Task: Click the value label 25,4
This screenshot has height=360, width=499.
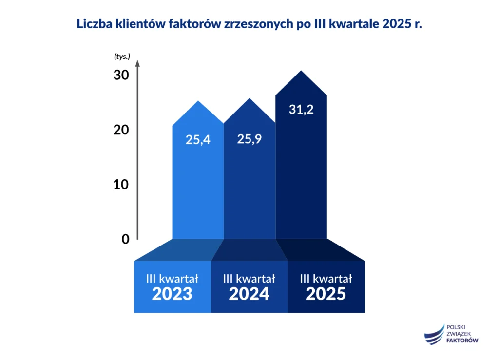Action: click(x=198, y=140)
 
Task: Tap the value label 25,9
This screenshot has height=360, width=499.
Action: click(x=249, y=139)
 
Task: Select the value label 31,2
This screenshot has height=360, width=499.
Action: click(x=301, y=110)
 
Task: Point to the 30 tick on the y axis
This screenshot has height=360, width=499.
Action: click(x=121, y=76)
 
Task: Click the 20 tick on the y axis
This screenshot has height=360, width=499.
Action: click(x=121, y=130)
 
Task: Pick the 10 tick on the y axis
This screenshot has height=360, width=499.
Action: click(x=121, y=185)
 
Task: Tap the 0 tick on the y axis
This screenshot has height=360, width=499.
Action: click(x=125, y=239)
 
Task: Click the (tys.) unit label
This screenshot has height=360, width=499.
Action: click(x=122, y=57)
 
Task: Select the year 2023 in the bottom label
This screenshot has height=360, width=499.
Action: click(x=172, y=294)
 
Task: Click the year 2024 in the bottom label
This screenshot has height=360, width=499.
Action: click(x=249, y=294)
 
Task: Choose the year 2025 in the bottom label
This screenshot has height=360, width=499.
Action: click(x=326, y=294)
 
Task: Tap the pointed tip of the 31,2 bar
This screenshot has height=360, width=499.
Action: click(x=301, y=72)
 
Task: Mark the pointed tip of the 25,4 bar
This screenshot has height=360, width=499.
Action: click(x=198, y=101)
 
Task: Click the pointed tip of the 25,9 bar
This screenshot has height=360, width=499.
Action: click(x=249, y=99)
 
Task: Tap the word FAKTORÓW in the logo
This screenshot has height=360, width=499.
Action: click(x=462, y=341)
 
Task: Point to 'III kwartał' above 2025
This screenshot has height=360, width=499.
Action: click(x=326, y=279)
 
